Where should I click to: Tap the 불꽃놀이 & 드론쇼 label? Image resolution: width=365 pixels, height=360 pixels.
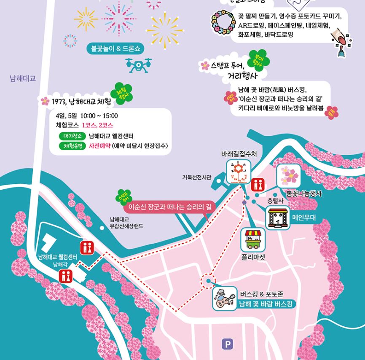pyautogui.click(x=115, y=49)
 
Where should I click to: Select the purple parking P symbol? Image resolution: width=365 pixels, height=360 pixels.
pyautogui.click(x=227, y=344)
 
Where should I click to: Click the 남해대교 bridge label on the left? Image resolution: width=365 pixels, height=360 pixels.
pyautogui.click(x=23, y=78)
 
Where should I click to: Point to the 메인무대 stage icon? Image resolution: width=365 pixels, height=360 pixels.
pyautogui.click(x=278, y=218)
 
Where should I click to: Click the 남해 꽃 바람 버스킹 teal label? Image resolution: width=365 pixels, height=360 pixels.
pyautogui.click(x=267, y=304)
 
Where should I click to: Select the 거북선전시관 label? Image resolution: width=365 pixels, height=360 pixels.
pyautogui.click(x=197, y=177)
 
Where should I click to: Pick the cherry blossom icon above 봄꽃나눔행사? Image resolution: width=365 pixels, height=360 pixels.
pyautogui.click(x=289, y=176)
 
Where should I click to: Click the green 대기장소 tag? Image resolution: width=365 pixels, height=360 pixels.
pyautogui.click(x=72, y=136)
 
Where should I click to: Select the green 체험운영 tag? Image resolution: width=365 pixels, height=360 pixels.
pyautogui.click(x=72, y=146)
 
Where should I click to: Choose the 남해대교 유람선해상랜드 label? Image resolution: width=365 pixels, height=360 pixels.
pyautogui.click(x=126, y=223)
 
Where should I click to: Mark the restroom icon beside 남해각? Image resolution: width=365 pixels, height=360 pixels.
pyautogui.click(x=66, y=275)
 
